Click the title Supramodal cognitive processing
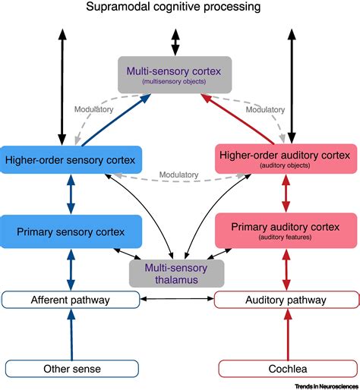tap(180, 8)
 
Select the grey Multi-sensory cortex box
tap(175, 74)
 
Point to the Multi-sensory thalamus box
tap(176, 272)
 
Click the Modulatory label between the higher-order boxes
tap(180, 175)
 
